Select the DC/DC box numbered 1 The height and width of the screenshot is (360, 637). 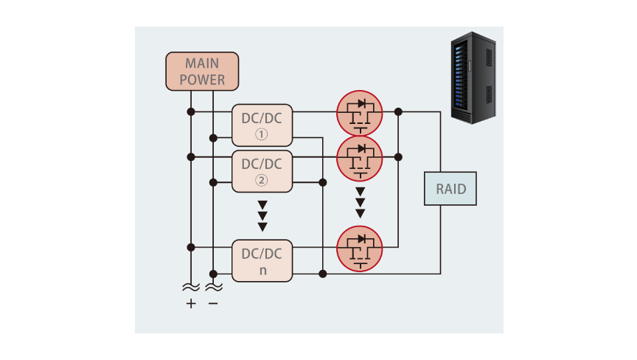pos(262,125)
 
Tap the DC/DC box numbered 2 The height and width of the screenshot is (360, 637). pos(262,171)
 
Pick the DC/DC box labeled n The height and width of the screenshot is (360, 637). pos(262,260)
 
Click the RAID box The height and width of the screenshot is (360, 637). pos(450,189)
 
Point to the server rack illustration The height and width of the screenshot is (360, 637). pos(473,77)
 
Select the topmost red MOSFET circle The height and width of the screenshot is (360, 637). pos(360,113)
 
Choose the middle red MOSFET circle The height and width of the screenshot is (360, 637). pos(360,158)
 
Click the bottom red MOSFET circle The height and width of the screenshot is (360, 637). pos(360,249)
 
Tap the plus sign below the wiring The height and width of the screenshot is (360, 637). pos(191,303)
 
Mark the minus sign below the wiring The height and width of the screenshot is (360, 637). pos(213,303)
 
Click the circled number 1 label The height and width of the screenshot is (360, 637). pos(262,135)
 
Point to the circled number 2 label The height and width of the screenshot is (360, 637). pos(262,181)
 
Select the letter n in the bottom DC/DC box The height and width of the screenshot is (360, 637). pos(262,270)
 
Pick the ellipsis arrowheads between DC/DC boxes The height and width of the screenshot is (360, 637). pos(262,216)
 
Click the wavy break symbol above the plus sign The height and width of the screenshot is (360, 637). pos(191,286)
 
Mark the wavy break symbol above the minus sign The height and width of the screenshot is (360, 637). pos(213,286)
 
